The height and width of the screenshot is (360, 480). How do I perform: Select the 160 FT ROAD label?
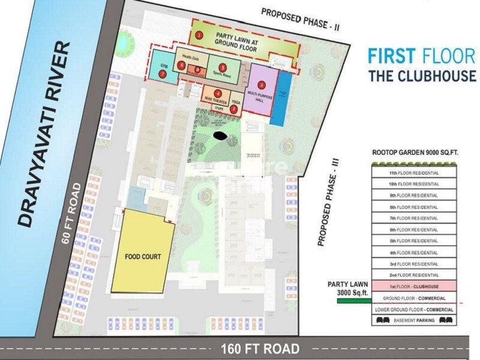pyautogui.click(x=260, y=348)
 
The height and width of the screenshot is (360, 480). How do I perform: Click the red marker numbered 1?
pyautogui.click(x=199, y=35)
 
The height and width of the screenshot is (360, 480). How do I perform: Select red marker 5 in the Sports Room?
pyautogui.click(x=223, y=67)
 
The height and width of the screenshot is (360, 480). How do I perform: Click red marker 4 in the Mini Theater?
pyautogui.click(x=218, y=93)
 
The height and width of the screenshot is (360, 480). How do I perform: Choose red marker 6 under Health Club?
pyautogui.click(x=181, y=65)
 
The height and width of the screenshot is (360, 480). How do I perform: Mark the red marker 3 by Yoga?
pyautogui.click(x=234, y=109)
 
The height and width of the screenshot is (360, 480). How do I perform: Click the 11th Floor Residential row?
pyautogui.click(x=413, y=173)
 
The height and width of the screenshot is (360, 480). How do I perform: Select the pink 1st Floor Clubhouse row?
pyautogui.click(x=413, y=287)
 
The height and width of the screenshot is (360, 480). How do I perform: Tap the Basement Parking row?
pyautogui.click(x=413, y=321)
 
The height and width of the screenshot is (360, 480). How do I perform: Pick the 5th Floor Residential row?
pyautogui.click(x=413, y=241)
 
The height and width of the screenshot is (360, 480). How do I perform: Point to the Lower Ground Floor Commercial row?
pyautogui.click(x=413, y=310)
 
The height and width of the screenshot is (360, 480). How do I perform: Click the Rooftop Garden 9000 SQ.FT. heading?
pyautogui.click(x=415, y=153)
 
